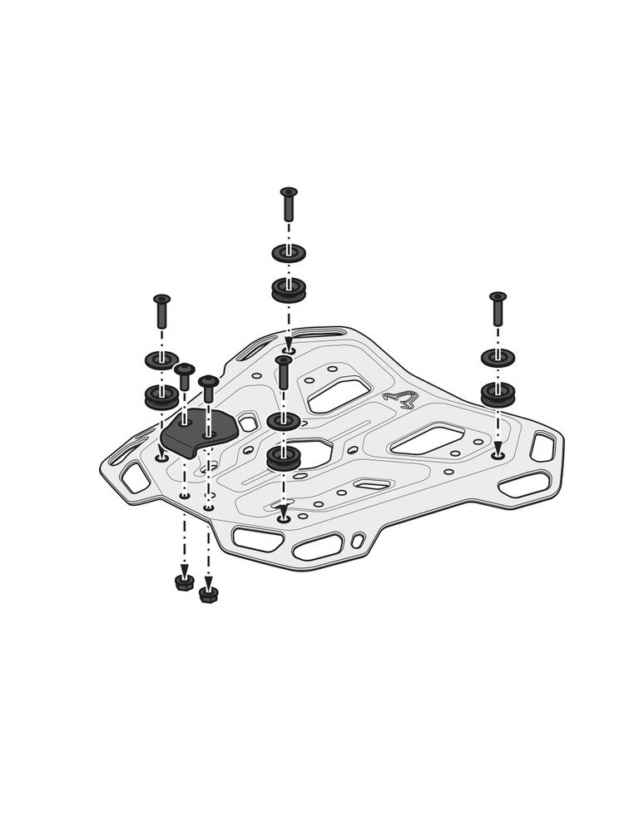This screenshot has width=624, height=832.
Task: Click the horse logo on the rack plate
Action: point(401,399)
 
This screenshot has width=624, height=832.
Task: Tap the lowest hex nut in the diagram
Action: point(209,594)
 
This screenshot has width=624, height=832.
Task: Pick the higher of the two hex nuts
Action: point(185,581)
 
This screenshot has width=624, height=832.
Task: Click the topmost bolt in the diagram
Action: point(289,204)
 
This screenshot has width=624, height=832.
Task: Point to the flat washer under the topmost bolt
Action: point(289,252)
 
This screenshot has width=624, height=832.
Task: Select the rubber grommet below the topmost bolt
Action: point(289,290)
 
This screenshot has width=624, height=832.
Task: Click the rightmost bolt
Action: point(498,309)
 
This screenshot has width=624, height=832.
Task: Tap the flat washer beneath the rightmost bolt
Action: point(498,358)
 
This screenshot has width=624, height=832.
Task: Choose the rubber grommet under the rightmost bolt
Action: point(498,393)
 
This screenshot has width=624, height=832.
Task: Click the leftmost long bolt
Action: point(161,311)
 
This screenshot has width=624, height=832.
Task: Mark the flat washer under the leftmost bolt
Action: point(161,360)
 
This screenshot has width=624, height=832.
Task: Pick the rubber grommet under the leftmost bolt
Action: point(161,396)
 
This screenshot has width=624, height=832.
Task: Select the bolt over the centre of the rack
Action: point(284,372)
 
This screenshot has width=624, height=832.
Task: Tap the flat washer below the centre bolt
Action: point(284,421)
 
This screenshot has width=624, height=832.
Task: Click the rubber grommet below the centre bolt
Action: point(284,458)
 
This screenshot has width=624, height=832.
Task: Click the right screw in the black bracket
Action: point(208,394)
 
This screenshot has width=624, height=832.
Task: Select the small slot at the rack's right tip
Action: point(542,447)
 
